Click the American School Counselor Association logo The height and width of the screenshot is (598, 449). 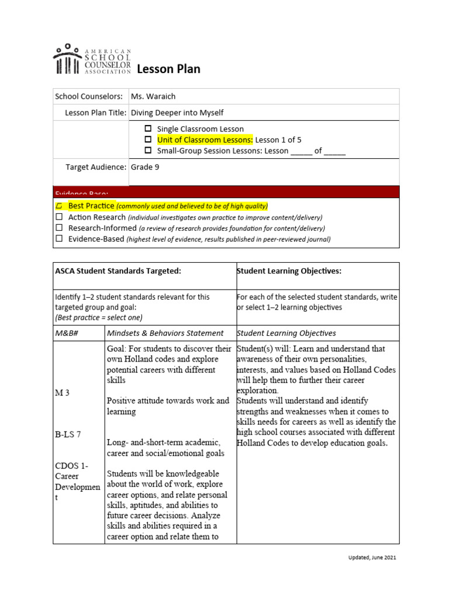pyautogui.click(x=92, y=60)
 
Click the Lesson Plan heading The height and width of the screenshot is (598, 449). pyautogui.click(x=168, y=69)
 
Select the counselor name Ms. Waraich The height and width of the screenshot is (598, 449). pyautogui.click(x=153, y=96)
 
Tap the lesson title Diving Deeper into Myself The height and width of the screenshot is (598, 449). pyautogui.click(x=177, y=113)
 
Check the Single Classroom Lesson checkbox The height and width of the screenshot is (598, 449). pyautogui.click(x=148, y=129)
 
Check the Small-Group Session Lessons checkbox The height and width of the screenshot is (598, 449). pyautogui.click(x=148, y=151)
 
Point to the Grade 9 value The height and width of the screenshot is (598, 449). pyautogui.click(x=145, y=167)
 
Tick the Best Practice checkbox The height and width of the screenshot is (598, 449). pyautogui.click(x=59, y=206)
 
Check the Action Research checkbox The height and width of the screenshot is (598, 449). pyautogui.click(x=59, y=217)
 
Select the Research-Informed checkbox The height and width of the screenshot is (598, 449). pyautogui.click(x=59, y=228)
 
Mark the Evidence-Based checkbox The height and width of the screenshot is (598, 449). pyautogui.click(x=59, y=239)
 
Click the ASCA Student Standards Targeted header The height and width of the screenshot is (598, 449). pyautogui.click(x=118, y=271)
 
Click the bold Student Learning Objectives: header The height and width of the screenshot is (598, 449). pyautogui.click(x=288, y=271)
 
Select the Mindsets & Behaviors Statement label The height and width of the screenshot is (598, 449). pyautogui.click(x=165, y=333)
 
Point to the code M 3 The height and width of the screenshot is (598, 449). pyautogui.click(x=63, y=393)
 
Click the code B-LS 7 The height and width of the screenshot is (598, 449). pyautogui.click(x=68, y=434)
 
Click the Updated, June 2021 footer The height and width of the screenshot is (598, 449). pyautogui.click(x=369, y=558)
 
